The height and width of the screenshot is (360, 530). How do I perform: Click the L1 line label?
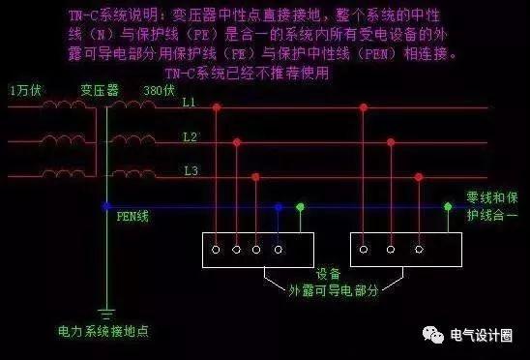click(190, 102)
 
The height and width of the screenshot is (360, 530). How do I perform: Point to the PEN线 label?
click(132, 216)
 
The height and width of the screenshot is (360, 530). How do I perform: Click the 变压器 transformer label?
click(98, 89)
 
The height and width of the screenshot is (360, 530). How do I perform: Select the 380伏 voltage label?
click(160, 89)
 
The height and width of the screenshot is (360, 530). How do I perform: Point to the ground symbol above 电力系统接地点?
click(107, 311)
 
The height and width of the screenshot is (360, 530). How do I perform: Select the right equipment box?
click(405, 250)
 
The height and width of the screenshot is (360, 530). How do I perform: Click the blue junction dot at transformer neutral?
click(106, 205)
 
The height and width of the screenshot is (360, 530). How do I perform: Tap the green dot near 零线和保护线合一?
click(448, 205)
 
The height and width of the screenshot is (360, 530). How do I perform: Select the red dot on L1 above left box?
click(216, 106)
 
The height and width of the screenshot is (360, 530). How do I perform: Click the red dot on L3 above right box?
click(419, 176)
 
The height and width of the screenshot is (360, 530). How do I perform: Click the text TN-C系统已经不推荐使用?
click(248, 73)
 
